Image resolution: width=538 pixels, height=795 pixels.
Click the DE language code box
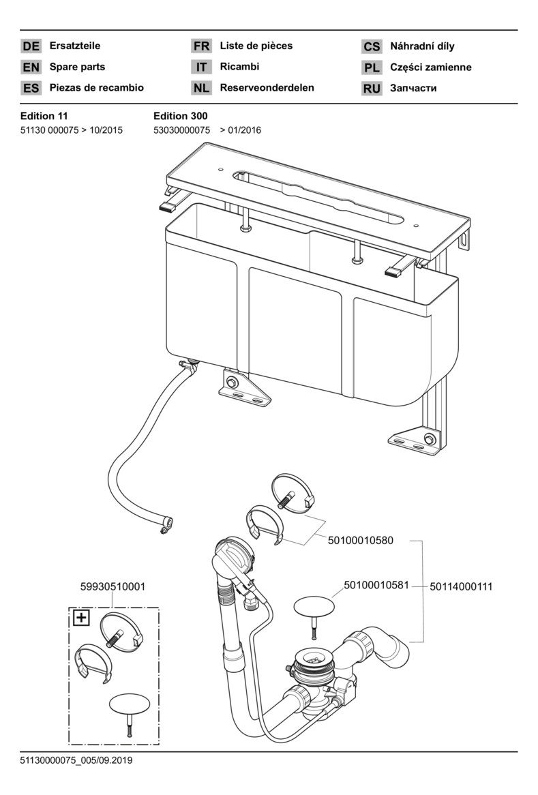[31, 46]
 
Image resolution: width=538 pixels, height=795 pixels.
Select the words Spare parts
[77, 66]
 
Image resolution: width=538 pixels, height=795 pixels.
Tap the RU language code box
[372, 88]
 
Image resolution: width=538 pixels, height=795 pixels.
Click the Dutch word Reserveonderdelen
[267, 87]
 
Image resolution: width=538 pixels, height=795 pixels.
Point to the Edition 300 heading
[181, 116]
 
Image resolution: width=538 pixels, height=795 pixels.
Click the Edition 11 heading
[44, 116]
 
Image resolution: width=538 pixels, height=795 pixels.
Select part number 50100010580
[361, 541]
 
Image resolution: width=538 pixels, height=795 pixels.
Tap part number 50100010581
[376, 586]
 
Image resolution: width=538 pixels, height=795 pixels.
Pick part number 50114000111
[461, 586]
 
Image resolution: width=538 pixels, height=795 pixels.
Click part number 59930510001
[113, 586]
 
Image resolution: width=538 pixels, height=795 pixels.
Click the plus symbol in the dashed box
[81, 618]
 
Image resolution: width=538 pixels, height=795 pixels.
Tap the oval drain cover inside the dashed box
[130, 705]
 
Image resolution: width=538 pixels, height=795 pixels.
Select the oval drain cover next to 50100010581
[314, 607]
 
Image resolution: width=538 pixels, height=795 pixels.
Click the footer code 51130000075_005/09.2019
[76, 760]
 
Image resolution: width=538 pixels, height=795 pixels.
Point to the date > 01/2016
[241, 130]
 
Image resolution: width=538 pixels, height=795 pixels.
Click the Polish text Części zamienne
[430, 67]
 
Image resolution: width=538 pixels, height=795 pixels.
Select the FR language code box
[201, 46]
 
